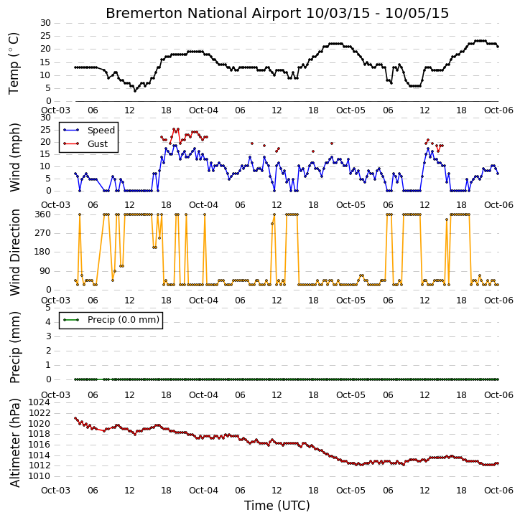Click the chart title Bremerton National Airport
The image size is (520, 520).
tap(203, 13)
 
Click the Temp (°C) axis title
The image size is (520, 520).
tap(14, 63)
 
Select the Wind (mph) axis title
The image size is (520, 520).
tap(14, 157)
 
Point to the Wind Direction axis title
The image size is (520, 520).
tap(14, 252)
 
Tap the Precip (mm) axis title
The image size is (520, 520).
tap(14, 347)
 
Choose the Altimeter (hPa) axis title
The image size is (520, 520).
tap(14, 443)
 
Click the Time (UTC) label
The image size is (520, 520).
tap(277, 506)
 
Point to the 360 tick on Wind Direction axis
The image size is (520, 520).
tap(43, 214)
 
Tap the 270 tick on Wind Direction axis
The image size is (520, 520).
tap(43, 233)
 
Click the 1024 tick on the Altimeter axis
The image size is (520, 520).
tap(40, 402)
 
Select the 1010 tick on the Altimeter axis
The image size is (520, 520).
tap(40, 476)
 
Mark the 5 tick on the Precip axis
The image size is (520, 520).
tap(48, 308)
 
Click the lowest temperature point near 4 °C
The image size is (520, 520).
tap(135, 90)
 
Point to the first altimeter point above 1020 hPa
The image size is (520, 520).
tap(75, 418)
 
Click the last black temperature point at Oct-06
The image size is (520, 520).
tap(498, 47)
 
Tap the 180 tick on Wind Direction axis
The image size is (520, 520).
tap(43, 252)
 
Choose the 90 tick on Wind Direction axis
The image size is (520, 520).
tap(45, 271)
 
